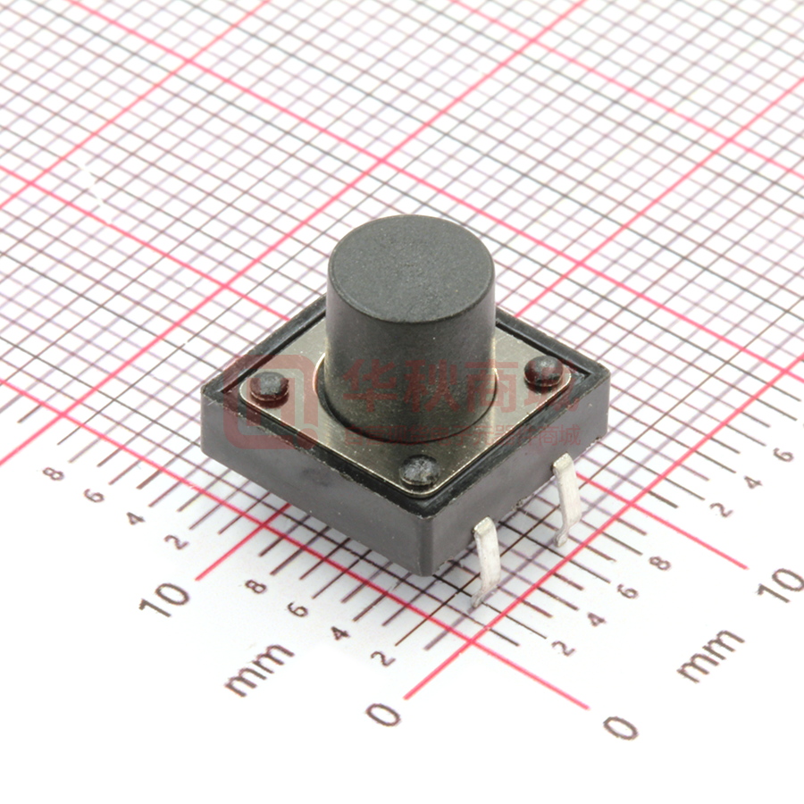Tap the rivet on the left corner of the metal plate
point(269,386)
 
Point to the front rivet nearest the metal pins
point(419,469)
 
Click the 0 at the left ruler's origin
point(384,714)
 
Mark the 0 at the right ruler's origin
point(620,725)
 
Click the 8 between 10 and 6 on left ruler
point(256,587)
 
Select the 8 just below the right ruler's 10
point(662,564)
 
